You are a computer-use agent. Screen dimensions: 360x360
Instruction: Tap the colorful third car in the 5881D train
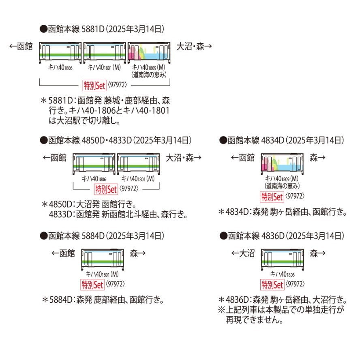click(149, 53)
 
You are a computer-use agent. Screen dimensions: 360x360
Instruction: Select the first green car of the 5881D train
click(60, 53)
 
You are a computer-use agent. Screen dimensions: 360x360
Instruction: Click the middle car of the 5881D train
click(105, 53)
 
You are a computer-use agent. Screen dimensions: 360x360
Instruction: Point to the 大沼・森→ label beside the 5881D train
click(194, 47)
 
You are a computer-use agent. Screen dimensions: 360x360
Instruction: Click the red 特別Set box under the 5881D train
click(94, 86)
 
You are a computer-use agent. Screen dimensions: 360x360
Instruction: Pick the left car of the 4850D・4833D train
click(94, 164)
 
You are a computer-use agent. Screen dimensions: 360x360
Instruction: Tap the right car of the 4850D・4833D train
click(138, 164)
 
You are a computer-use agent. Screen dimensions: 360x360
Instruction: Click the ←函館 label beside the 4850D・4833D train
click(55, 158)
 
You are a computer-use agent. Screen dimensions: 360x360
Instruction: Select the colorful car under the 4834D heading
click(282, 164)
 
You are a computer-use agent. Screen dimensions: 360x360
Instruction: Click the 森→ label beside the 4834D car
click(317, 158)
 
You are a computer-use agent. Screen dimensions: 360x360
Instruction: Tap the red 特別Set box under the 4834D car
click(272, 197)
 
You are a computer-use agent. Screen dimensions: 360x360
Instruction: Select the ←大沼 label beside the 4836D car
click(243, 253)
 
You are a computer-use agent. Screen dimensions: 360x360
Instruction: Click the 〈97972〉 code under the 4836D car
click(295, 284)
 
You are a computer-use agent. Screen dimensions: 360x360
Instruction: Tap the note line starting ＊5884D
click(103, 300)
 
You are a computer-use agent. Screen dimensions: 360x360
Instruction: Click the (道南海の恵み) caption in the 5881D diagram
click(149, 75)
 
